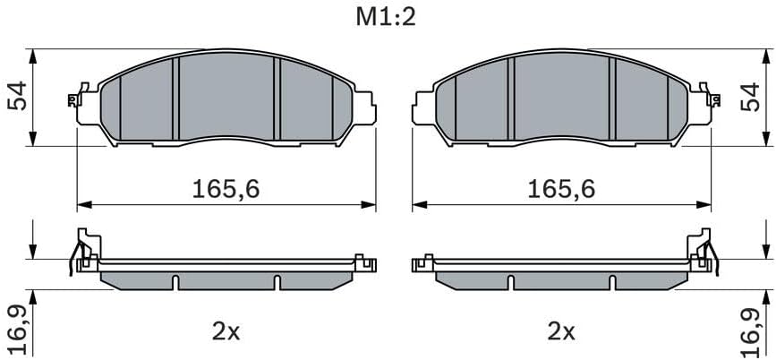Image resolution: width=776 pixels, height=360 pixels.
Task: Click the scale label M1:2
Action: [x=386, y=17]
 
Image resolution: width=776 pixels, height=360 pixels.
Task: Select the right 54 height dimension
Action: [x=750, y=97]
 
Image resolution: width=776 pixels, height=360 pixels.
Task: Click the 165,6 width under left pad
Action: [x=226, y=189]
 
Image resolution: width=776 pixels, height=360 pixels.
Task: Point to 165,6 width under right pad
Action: [x=561, y=189]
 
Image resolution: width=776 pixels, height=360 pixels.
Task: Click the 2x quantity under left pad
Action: [x=226, y=332]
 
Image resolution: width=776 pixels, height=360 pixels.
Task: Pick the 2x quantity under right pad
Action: [x=561, y=332]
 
